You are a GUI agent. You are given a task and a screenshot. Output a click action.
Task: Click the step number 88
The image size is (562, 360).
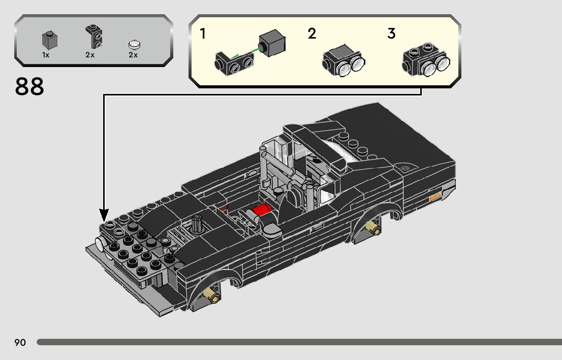29,87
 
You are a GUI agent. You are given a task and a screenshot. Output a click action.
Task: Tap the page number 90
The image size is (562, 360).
20,342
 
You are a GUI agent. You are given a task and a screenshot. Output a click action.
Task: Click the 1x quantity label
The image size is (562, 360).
46,55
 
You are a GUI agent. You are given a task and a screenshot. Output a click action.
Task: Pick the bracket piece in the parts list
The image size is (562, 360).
93,37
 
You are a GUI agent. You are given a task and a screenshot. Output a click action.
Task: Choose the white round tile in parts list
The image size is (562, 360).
135,45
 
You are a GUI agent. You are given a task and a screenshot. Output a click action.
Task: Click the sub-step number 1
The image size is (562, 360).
203,34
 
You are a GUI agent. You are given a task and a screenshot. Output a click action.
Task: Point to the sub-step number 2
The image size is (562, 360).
312,34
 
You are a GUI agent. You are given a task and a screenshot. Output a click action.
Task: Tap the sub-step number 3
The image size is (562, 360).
391,34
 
